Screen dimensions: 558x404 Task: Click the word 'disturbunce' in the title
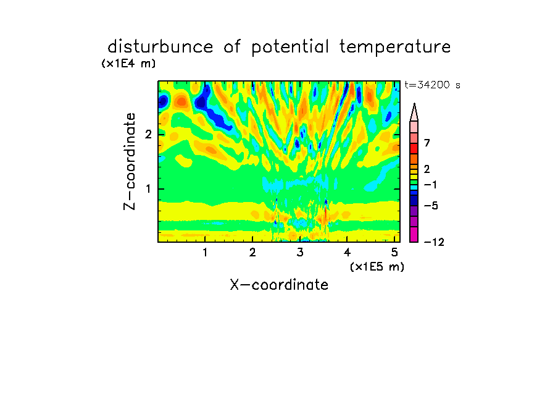(160, 46)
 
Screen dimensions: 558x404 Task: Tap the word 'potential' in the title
(290, 48)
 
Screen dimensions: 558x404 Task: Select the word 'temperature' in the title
(395, 47)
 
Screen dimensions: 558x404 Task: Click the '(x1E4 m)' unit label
(128, 64)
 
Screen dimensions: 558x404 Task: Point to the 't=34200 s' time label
(432, 85)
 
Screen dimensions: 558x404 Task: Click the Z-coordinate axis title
(130, 161)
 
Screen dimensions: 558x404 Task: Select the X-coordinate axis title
(279, 285)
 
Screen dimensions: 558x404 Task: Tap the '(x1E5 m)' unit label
(377, 266)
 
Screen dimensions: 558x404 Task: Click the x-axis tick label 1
(205, 252)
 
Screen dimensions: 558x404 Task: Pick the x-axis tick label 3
(300, 252)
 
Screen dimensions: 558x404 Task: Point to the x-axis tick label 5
(394, 252)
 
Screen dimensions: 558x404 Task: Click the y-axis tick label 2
(148, 134)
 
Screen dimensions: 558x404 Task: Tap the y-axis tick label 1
(148, 188)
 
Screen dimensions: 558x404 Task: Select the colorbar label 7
(427, 143)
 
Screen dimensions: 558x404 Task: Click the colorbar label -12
(434, 242)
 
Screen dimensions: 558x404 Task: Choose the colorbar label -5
(431, 206)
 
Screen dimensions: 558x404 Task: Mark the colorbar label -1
(430, 185)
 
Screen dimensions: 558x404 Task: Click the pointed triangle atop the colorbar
(414, 112)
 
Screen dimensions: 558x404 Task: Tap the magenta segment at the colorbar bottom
(414, 234)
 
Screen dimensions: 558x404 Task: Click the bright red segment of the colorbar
(414, 148)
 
